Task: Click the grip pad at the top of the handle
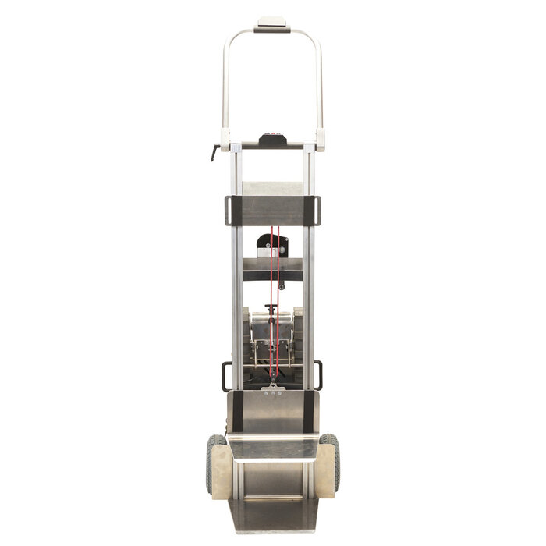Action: coord(272,25)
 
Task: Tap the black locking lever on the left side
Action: coord(216,152)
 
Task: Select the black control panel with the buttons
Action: coord(272,140)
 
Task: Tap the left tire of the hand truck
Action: coord(212,464)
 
